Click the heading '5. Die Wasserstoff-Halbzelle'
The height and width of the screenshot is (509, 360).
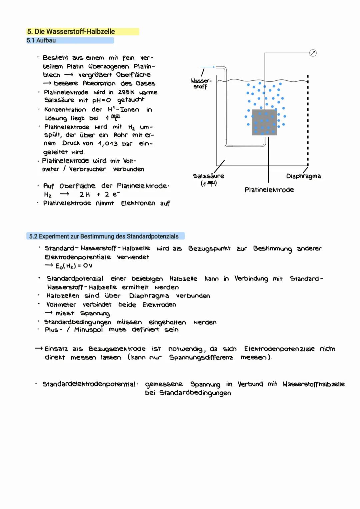pyautogui.click(x=71, y=32)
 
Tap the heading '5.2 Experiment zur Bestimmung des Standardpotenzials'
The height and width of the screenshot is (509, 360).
pyautogui.click(x=104, y=236)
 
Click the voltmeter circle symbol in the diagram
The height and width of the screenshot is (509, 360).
pyautogui.click(x=313, y=53)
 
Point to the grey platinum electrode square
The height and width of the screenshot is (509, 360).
pyautogui.click(x=264, y=122)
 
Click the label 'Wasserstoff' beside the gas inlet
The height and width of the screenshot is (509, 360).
pyautogui.click(x=201, y=84)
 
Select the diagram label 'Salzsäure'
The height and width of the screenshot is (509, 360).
pyautogui.click(x=208, y=176)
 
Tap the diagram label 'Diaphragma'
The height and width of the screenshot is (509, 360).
pyautogui.click(x=303, y=176)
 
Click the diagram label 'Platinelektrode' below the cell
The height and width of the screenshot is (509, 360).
pyautogui.click(x=269, y=190)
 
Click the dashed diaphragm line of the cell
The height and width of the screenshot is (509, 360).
pyautogui.click(x=308, y=120)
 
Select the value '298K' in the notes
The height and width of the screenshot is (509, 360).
pyautogui.click(x=126, y=92)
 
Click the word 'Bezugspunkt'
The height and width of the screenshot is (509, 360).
pyautogui.click(x=209, y=248)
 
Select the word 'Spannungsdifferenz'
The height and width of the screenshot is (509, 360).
pyautogui.click(x=201, y=358)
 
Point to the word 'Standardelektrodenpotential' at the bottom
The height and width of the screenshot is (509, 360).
pyautogui.click(x=89, y=384)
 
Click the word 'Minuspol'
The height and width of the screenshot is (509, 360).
pyautogui.click(x=88, y=330)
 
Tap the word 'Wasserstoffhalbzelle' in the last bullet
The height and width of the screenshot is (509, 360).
pyautogui.click(x=313, y=384)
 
